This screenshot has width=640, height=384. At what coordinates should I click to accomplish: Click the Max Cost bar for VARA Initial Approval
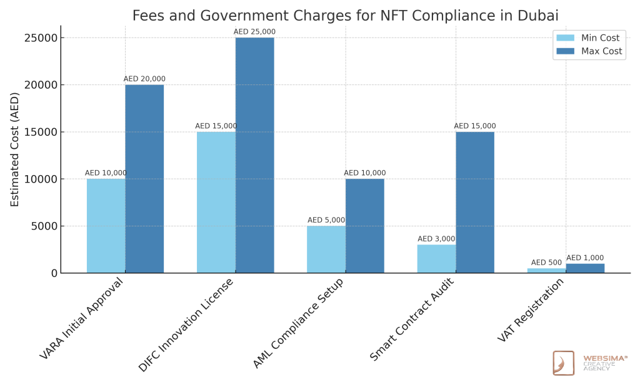coord(144,179)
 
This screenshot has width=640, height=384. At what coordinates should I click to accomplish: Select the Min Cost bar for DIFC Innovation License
coord(216,202)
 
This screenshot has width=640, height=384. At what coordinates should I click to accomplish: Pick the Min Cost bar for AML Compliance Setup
coord(326,249)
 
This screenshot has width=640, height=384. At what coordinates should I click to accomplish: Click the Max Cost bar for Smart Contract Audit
coord(474,202)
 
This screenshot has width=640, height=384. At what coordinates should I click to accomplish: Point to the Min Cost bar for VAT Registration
coord(546,270)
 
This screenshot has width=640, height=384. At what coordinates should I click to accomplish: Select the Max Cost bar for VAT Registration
coord(585,268)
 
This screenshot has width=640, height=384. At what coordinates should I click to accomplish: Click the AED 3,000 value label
coord(436,239)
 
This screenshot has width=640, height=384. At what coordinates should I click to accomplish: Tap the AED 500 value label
coord(546,263)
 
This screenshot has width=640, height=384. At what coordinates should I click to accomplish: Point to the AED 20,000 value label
coord(144,79)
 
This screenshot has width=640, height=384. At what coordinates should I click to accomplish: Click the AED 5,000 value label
coord(326,220)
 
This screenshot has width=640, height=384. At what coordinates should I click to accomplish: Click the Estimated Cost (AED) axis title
coord(15,149)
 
